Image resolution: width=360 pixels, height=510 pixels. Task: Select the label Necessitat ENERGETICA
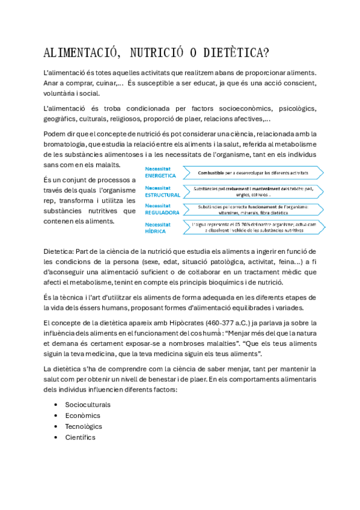tap(160, 173)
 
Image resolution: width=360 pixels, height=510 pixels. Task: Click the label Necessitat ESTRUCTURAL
tap(162, 191)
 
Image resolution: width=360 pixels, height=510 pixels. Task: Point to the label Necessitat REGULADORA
tap(162, 209)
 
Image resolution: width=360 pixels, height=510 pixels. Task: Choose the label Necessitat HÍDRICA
tap(157, 227)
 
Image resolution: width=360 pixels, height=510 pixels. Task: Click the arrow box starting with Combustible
tap(254, 173)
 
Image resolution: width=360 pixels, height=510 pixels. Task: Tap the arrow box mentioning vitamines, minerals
tap(254, 209)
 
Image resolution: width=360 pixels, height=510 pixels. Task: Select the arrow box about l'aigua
tap(254, 227)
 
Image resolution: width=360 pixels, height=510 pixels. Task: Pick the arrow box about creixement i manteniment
tap(254, 191)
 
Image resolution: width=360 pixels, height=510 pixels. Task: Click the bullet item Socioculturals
tap(88, 404)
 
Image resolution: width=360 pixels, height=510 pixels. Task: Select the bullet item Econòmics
tap(83, 415)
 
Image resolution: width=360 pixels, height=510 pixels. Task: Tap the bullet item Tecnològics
tap(84, 426)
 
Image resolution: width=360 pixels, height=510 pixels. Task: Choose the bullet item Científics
tap(81, 437)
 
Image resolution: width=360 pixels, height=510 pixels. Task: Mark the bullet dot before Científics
tap(56, 437)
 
